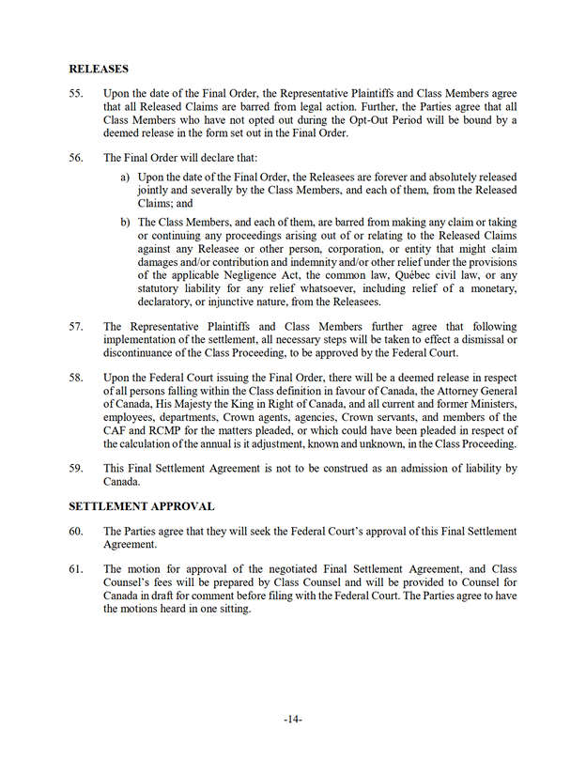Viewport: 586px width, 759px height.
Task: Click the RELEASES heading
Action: [x=99, y=69]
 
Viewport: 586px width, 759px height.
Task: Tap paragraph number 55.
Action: [x=76, y=94]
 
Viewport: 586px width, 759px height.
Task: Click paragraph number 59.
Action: [x=76, y=468]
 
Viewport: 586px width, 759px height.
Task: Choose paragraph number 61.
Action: [x=76, y=569]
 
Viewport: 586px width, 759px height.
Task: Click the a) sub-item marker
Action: [x=125, y=178]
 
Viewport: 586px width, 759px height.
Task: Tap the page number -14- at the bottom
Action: [x=293, y=720]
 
